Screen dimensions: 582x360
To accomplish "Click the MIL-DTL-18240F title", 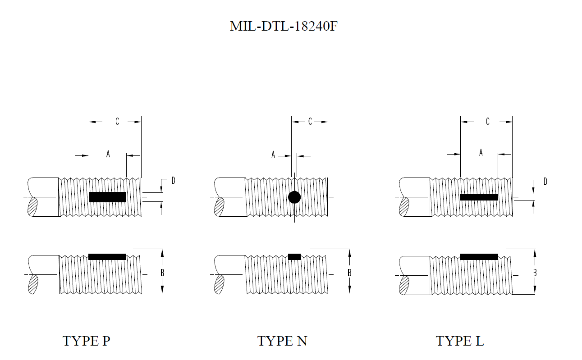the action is [x=284, y=26].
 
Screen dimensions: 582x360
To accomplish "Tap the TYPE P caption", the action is [x=86, y=341].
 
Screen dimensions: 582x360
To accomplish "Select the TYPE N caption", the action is [x=282, y=341].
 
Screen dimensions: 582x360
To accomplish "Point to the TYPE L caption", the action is [x=460, y=341].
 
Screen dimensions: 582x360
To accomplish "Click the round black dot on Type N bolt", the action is [x=294, y=197].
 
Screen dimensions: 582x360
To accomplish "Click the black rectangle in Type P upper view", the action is [x=108, y=197].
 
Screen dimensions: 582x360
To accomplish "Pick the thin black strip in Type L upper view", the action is [x=479, y=197].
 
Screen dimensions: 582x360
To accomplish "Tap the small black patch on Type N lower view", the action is [x=294, y=257].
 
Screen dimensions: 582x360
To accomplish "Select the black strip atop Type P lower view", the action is [x=107, y=257].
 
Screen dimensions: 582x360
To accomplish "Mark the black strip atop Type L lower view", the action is [x=479, y=257].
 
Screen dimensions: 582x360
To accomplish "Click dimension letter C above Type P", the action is [x=117, y=121].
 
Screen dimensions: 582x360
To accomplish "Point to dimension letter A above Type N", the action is [x=273, y=155].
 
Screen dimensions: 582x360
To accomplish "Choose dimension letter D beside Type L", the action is [x=545, y=181].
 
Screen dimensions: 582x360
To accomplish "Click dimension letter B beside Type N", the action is [x=349, y=273].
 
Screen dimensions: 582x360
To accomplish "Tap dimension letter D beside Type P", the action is [x=173, y=181].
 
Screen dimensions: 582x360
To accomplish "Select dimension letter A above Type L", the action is [x=481, y=152].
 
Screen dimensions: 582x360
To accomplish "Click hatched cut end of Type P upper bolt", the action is [x=33, y=207].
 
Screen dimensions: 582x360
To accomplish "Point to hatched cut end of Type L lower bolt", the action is [x=404, y=285].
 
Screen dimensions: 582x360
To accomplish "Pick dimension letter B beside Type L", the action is [x=535, y=273].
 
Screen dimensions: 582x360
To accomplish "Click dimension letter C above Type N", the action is [x=310, y=121].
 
